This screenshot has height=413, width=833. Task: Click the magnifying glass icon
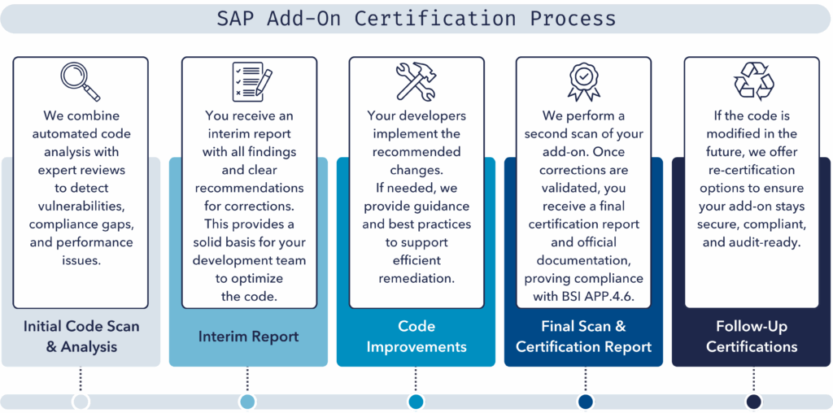point(81,81)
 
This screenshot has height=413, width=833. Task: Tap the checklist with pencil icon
point(252,82)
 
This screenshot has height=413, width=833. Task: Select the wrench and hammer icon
point(416,81)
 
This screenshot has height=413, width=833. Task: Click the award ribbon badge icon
point(583,82)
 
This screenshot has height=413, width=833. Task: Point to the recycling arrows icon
point(754,81)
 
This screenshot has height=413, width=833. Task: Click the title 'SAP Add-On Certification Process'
point(416,20)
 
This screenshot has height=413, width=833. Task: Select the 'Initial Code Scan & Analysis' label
point(81,337)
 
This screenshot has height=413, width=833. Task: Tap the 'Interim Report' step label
point(249,337)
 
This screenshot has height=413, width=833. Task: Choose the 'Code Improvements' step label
point(416,337)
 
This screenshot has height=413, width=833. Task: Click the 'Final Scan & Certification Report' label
point(583,337)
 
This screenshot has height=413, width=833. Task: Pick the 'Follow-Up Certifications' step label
point(752,337)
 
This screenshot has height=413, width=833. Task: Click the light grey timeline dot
point(81,402)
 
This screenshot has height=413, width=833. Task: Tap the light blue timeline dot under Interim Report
point(248,402)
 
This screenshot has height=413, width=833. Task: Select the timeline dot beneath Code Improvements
point(416,402)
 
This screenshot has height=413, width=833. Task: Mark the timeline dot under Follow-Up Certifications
point(753,402)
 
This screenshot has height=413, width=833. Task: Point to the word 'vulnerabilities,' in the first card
point(81,206)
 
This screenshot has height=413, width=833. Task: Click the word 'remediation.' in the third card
point(416,279)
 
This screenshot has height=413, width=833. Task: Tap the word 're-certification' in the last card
point(751,171)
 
